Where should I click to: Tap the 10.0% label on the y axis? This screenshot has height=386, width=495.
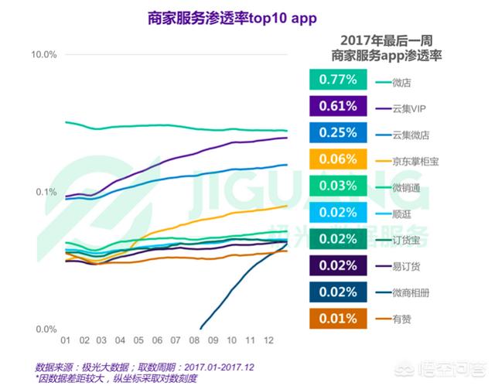click(x=44, y=54)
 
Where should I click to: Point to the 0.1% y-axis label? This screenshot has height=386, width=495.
click(x=46, y=192)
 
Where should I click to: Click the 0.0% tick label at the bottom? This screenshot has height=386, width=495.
click(x=44, y=330)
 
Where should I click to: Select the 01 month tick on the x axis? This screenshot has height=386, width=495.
click(x=67, y=340)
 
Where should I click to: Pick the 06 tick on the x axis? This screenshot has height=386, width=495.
click(x=158, y=340)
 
